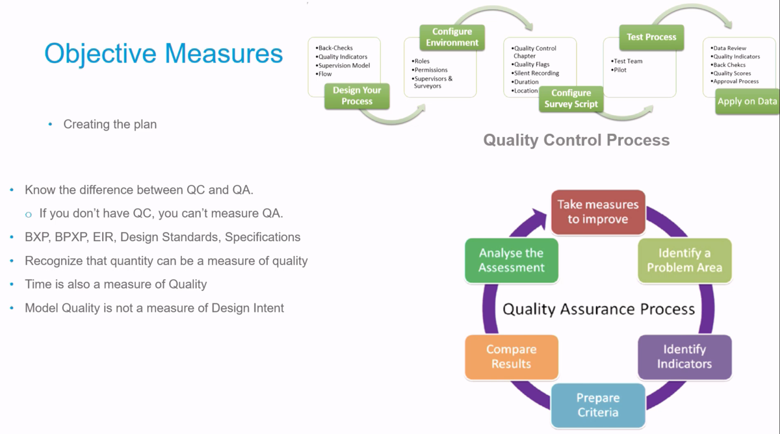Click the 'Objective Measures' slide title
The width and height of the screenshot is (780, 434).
click(x=163, y=54)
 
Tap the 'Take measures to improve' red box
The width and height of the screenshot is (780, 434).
click(x=598, y=212)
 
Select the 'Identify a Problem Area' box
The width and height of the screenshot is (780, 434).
click(x=684, y=261)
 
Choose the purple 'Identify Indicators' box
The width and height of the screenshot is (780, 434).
click(x=684, y=357)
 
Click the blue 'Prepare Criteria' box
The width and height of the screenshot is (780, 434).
click(x=598, y=405)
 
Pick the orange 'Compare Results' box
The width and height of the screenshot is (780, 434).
click(x=512, y=357)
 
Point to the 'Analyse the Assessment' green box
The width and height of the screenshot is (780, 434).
click(x=512, y=261)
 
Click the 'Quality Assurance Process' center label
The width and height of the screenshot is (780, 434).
click(x=599, y=309)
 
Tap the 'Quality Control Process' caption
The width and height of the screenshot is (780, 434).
click(x=577, y=140)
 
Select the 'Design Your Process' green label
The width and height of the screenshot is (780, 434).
click(x=357, y=96)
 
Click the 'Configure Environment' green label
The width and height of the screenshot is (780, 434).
click(x=452, y=37)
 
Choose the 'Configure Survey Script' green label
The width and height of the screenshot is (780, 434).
click(x=571, y=99)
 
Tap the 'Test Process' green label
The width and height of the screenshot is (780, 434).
click(x=651, y=37)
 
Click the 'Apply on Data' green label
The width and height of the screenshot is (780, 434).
click(x=747, y=101)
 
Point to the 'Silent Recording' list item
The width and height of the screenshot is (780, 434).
click(x=535, y=73)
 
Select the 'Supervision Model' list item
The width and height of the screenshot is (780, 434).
click(x=343, y=66)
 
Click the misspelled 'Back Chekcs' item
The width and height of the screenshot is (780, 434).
click(x=728, y=65)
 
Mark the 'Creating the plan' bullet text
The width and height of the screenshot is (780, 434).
click(x=110, y=124)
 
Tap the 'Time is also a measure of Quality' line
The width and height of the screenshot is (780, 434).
click(x=116, y=285)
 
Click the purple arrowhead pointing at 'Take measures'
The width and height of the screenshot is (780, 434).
click(x=538, y=219)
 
